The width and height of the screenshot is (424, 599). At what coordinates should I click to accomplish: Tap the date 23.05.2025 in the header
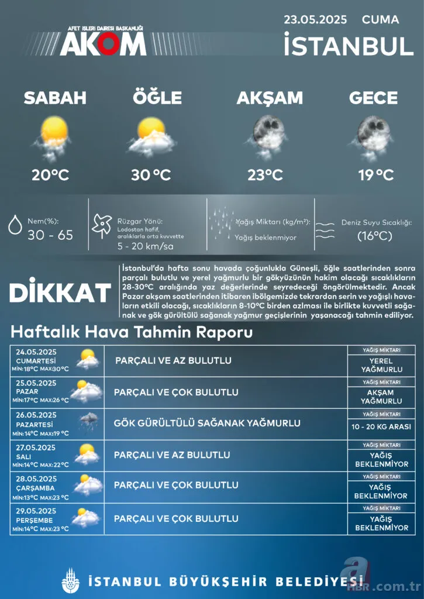[315, 20]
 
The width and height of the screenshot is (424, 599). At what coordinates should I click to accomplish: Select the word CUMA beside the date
[380, 20]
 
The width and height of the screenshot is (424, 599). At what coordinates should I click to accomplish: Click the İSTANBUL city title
[349, 46]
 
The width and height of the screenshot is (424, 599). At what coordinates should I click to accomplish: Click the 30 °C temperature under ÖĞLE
[150, 174]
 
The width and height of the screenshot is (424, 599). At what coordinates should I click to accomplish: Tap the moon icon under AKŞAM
[268, 133]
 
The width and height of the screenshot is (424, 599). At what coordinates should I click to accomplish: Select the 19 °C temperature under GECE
[375, 174]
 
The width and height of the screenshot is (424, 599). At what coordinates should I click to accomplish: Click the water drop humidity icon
[15, 225]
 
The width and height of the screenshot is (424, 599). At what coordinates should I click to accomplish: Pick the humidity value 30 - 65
[50, 235]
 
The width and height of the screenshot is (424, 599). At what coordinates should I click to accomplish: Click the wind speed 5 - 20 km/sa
[146, 247]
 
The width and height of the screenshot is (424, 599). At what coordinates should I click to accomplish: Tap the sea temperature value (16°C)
[375, 236]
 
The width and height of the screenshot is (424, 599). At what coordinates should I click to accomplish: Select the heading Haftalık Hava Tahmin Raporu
[132, 333]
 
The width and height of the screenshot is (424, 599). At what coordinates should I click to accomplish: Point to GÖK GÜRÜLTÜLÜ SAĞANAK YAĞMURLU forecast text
[207, 423]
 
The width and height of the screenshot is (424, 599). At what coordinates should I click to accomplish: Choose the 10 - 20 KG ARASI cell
[381, 427]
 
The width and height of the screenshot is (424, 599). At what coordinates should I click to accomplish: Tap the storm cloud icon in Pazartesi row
[88, 421]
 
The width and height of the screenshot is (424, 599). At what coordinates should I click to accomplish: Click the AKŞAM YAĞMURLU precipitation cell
[381, 397]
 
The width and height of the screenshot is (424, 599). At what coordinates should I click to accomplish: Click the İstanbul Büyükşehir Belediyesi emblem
[70, 581]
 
